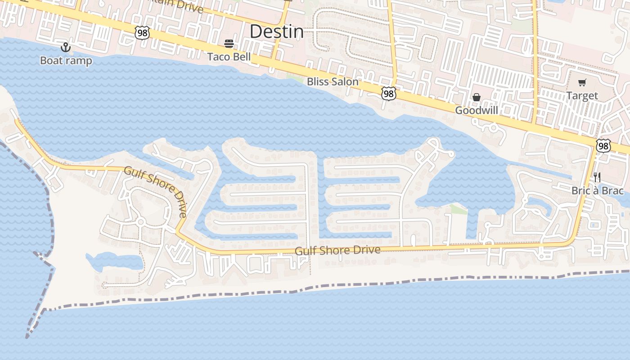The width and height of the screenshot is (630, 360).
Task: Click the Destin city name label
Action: [276, 31]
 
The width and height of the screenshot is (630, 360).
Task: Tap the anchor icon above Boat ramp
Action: [66, 47]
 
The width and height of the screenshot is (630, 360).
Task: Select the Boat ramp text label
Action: [66, 61]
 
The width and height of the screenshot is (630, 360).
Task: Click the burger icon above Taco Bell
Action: [229, 44]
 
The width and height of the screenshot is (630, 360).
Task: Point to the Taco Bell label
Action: [229, 57]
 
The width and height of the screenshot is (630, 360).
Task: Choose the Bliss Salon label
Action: [333, 82]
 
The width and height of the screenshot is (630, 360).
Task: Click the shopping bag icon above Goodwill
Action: [477, 97]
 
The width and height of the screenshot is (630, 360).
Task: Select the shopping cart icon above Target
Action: [582, 82]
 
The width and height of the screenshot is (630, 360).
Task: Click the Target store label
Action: [582, 95]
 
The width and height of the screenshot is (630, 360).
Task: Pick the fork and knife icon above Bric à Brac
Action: [597, 177]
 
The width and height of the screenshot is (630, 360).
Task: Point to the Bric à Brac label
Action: [598, 190]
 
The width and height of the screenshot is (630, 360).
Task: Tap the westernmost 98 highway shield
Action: [142, 32]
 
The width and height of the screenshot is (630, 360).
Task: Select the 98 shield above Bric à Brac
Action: [603, 145]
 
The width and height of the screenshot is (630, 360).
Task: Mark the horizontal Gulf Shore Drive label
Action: [337, 250]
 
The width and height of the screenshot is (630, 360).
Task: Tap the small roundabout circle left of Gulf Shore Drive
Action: [140, 221]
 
